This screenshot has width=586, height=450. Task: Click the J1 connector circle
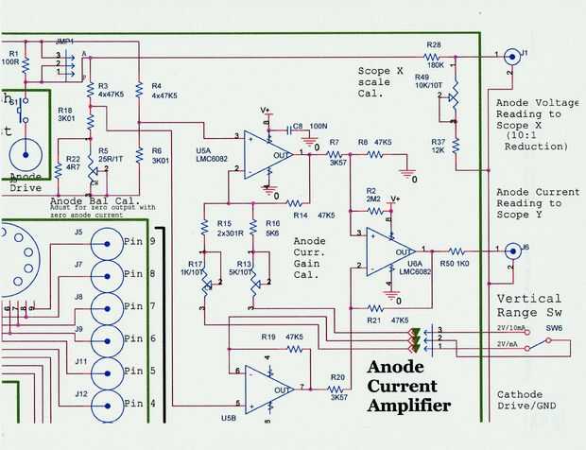pyautogui.click(x=511, y=56)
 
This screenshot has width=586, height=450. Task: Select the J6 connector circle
pyautogui.click(x=511, y=251)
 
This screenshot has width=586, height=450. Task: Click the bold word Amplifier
pyautogui.click(x=407, y=406)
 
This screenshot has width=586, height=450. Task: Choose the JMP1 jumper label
pyautogui.click(x=65, y=41)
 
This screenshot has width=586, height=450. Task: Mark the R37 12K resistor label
pyautogui.click(x=437, y=146)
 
